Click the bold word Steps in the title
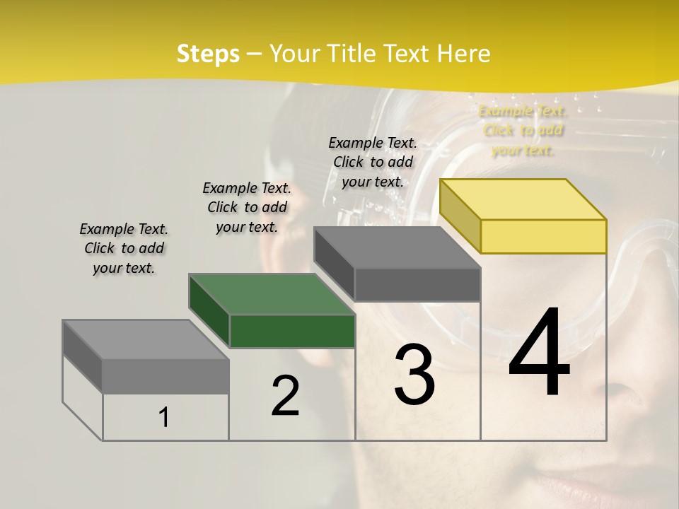(208, 54)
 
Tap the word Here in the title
(464, 54)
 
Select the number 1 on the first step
(164, 418)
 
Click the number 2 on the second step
(285, 396)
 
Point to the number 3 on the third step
(414, 374)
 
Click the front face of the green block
(292, 331)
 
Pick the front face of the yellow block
(543, 236)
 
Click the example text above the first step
(124, 248)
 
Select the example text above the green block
(247, 207)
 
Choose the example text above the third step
(373, 162)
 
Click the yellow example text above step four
(523, 130)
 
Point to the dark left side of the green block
(209, 311)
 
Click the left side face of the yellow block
(460, 216)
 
